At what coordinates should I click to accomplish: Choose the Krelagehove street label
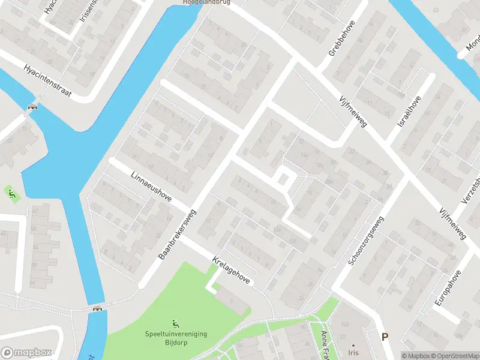pyautogui.click(x=232, y=272)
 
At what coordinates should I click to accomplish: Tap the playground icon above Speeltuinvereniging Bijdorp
pyautogui.click(x=175, y=324)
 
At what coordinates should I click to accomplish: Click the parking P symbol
pyautogui.click(x=385, y=337)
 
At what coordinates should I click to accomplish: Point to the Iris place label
pyautogui.click(x=353, y=354)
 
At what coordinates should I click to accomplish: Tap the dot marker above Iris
pyautogui.click(x=353, y=345)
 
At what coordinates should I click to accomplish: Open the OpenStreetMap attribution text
pyautogui.click(x=456, y=356)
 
